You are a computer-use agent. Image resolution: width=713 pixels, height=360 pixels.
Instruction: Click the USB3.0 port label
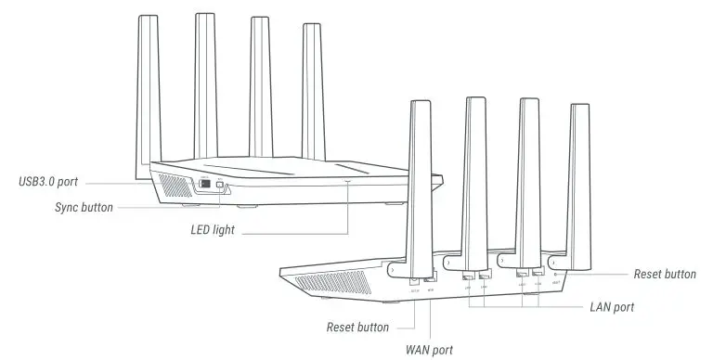coord(52,179)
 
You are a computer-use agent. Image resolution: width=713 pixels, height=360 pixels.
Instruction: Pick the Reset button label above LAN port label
coord(664,274)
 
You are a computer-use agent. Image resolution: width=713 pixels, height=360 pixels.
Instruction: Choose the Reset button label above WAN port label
coord(357,328)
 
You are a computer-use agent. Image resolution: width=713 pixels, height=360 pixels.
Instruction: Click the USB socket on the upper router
coord(203,184)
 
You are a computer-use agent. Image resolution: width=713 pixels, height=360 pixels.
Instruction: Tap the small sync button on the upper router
coord(219,185)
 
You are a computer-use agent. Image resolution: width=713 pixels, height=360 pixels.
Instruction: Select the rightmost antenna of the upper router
coord(311,93)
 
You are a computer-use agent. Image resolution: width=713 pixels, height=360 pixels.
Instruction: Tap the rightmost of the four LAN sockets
coord(538,273)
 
